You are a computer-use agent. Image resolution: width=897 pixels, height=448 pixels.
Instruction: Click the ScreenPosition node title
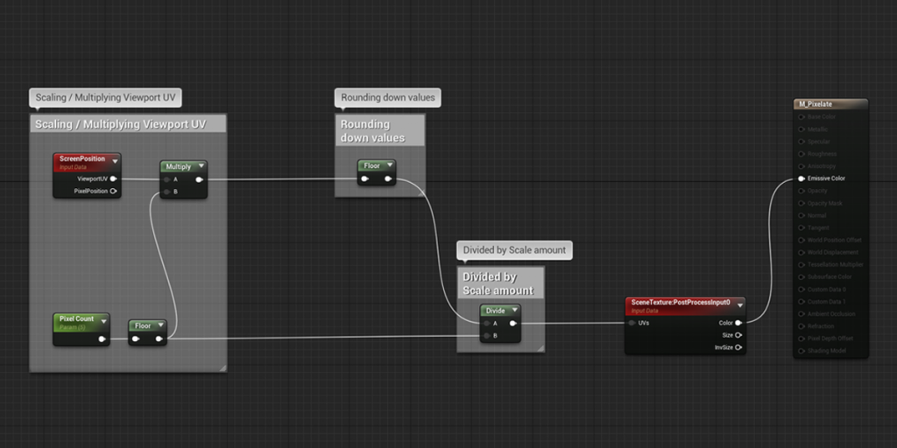tap(82, 159)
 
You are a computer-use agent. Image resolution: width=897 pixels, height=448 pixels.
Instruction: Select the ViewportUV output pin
tap(114, 178)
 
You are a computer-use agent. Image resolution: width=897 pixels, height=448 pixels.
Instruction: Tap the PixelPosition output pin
tap(114, 191)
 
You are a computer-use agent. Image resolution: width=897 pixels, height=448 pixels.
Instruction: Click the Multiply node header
tap(179, 166)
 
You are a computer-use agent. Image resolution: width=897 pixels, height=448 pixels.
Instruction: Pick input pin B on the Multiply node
tap(166, 191)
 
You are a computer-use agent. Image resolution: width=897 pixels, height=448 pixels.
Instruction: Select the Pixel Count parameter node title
tap(77, 319)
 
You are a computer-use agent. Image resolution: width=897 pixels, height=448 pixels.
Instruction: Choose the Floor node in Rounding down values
tap(372, 165)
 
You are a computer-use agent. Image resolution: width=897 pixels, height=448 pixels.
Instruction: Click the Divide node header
tap(496, 311)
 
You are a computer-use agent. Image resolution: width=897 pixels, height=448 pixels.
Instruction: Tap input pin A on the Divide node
tap(486, 323)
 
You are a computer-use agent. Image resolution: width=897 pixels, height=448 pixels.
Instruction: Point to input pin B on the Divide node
tap(486, 335)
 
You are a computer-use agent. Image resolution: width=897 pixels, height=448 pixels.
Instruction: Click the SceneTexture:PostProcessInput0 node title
tap(682, 303)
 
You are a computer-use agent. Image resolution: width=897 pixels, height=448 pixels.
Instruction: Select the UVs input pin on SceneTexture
tap(632, 323)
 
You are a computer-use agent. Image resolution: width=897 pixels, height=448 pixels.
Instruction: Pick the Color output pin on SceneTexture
tap(738, 323)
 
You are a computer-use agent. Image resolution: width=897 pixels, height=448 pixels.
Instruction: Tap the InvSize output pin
tap(738, 347)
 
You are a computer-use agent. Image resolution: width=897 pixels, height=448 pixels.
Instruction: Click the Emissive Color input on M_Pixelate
tap(800, 178)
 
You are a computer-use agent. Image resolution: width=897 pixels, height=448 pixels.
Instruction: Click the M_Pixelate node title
tap(815, 104)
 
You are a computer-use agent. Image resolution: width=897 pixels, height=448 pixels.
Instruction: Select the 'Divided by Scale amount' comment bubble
tap(514, 250)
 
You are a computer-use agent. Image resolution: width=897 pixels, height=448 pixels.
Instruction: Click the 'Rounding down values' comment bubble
tap(387, 97)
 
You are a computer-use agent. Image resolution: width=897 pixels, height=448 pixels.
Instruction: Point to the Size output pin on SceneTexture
tap(738, 335)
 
